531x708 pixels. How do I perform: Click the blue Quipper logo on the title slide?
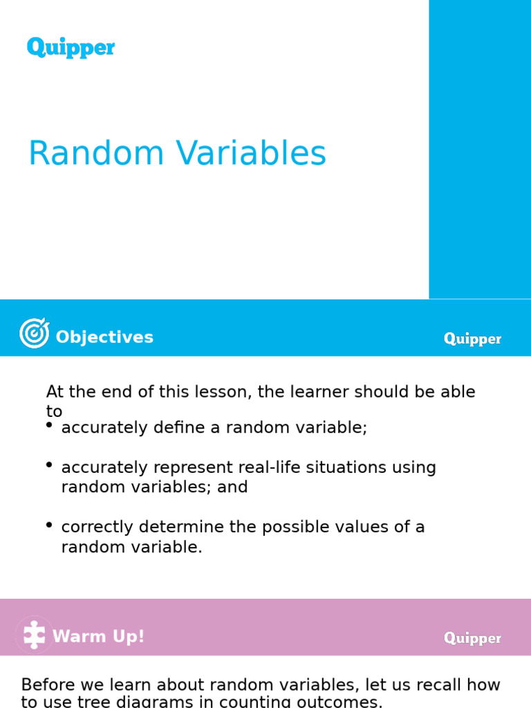click(x=71, y=48)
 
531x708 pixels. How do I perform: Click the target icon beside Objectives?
click(x=34, y=333)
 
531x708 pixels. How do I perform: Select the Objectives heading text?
click(x=104, y=337)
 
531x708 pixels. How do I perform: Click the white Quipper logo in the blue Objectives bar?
click(x=472, y=339)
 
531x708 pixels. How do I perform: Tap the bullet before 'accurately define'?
click(x=49, y=426)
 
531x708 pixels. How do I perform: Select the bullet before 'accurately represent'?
click(x=49, y=465)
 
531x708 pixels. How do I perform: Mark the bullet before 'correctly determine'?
click(x=49, y=525)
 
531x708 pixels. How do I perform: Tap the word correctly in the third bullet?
click(x=97, y=527)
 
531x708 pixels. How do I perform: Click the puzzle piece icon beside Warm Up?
click(x=34, y=635)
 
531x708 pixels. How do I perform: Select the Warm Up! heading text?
click(x=99, y=636)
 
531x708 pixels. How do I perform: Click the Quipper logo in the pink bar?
click(x=472, y=638)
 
